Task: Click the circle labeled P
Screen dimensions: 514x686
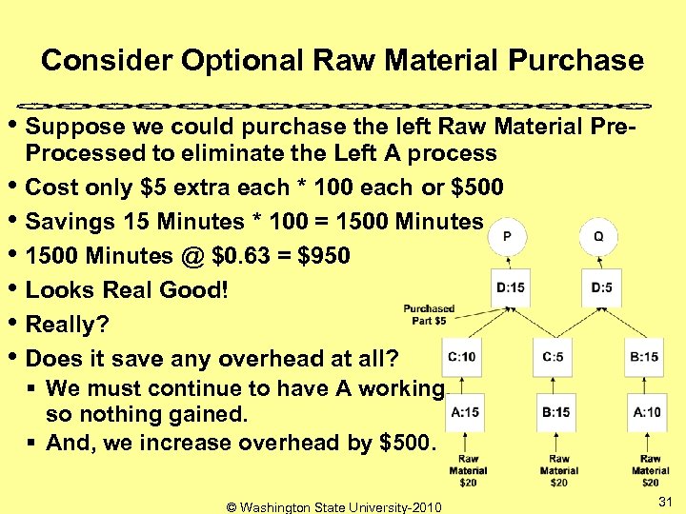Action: click(x=511, y=236)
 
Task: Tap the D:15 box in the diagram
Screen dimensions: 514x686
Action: click(x=511, y=287)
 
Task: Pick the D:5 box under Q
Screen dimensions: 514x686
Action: click(x=601, y=287)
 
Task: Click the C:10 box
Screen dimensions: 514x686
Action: click(x=462, y=357)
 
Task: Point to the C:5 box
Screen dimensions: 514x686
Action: click(x=554, y=357)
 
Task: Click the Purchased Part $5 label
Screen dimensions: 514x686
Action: click(x=429, y=315)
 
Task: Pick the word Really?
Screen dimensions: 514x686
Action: click(x=67, y=325)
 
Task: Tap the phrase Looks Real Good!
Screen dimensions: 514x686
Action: click(x=127, y=290)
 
